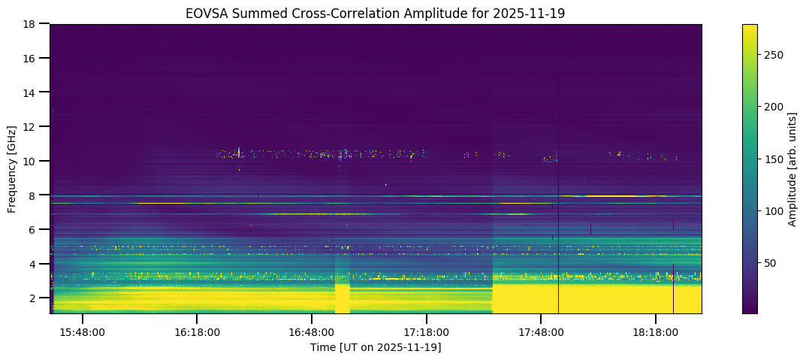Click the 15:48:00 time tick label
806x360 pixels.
click(83, 331)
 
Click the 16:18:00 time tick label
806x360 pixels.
click(197, 331)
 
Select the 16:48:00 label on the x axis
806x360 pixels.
click(312, 331)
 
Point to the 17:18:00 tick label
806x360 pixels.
click(427, 331)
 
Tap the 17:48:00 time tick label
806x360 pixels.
click(542, 331)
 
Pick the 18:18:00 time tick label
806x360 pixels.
click(656, 331)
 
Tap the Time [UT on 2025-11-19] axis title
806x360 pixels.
click(376, 347)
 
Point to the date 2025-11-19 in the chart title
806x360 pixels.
click(536, 14)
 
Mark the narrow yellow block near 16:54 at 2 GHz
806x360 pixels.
click(342, 298)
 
